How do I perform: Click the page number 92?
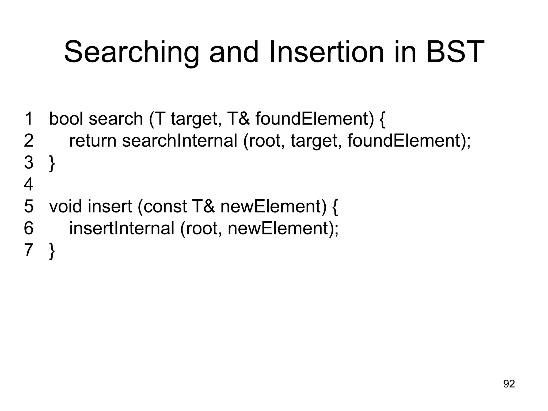[x=509, y=384]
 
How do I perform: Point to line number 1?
[x=29, y=119]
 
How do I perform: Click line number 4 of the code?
[x=29, y=184]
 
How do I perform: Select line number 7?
[x=29, y=250]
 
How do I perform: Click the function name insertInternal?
[x=122, y=228]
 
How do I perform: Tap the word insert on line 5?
[x=110, y=206]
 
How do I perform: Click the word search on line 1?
[x=116, y=119]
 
